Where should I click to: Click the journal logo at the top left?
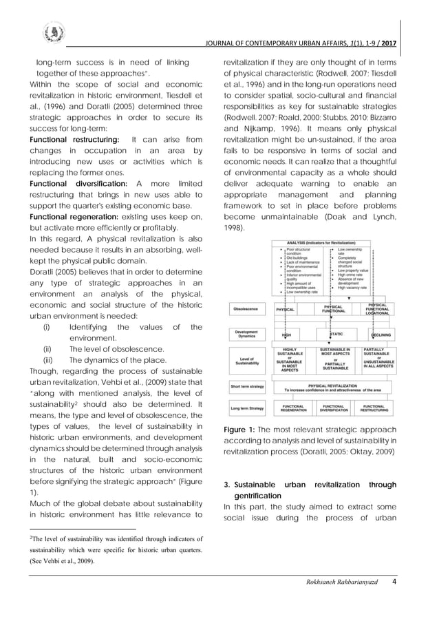[x=52, y=32]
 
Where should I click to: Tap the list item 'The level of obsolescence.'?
[x=116, y=349]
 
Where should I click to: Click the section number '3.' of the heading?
[x=228, y=485]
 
